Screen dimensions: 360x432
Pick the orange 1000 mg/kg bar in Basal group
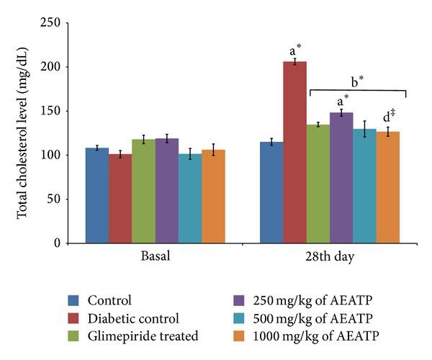[213, 197]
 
